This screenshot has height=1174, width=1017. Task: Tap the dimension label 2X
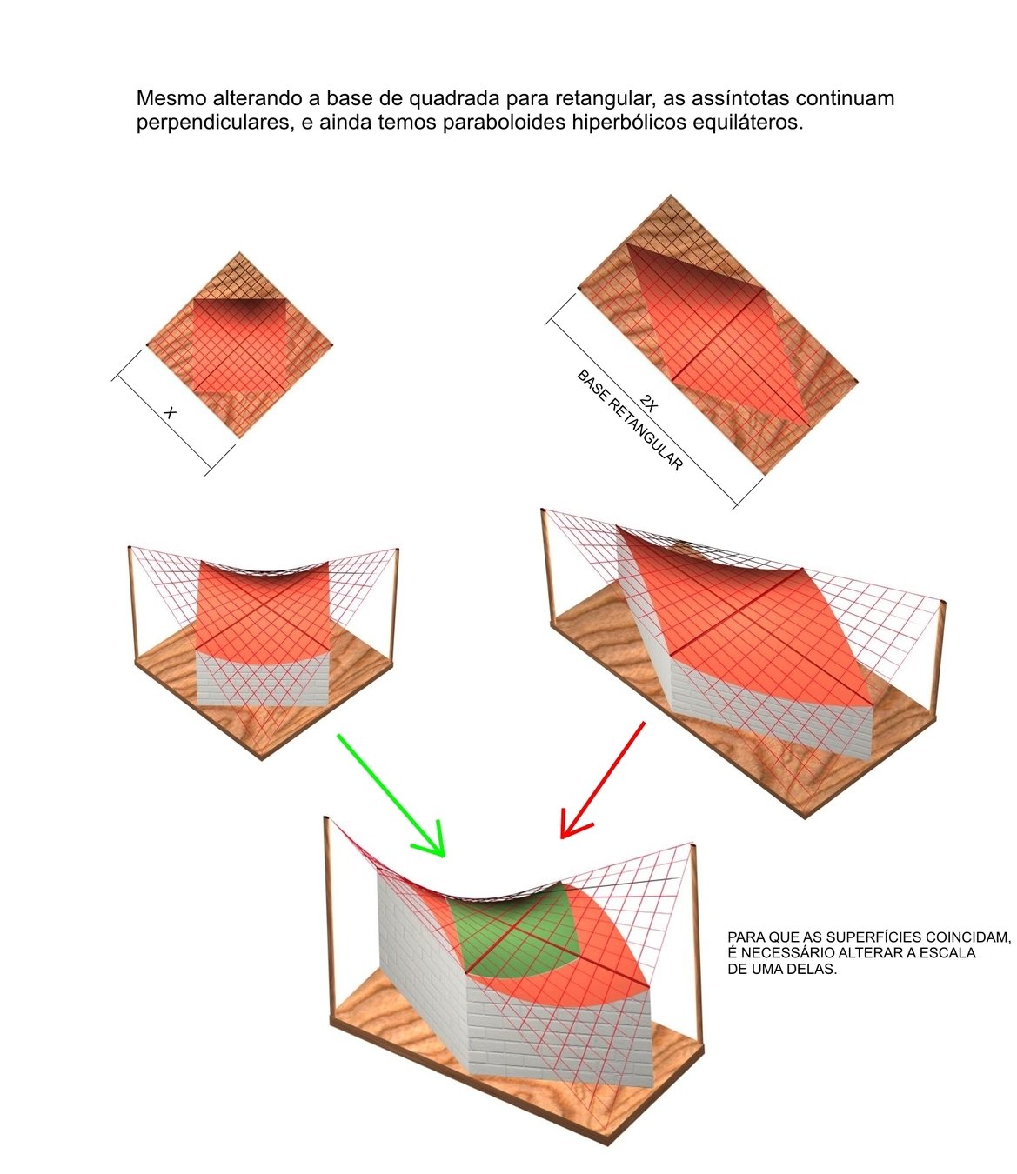pyautogui.click(x=649, y=403)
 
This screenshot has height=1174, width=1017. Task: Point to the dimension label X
pyautogui.click(x=170, y=413)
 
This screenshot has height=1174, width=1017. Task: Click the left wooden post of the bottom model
pyautogui.click(x=328, y=922)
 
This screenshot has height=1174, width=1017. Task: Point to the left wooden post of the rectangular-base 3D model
pyautogui.click(x=547, y=565)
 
